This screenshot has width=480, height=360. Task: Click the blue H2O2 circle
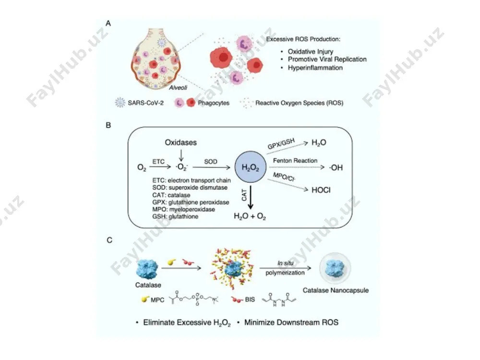click(251, 167)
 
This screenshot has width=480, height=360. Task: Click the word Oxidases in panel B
click(180, 143)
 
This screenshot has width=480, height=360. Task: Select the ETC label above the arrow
click(158, 162)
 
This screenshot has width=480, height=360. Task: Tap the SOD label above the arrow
click(211, 162)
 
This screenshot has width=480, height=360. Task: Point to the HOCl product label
click(321, 190)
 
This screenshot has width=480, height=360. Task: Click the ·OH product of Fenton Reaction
click(336, 168)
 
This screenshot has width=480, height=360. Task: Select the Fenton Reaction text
click(295, 160)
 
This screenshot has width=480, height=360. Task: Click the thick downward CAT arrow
click(251, 197)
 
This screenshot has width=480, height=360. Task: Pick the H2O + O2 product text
click(250, 216)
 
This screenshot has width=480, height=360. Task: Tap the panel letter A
click(108, 23)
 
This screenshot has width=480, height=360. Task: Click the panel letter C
click(109, 240)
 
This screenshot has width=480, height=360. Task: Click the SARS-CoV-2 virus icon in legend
click(120, 103)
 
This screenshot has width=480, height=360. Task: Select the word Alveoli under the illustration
click(178, 87)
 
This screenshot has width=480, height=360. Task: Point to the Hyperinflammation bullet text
click(315, 68)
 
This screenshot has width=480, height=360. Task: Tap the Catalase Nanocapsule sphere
click(335, 268)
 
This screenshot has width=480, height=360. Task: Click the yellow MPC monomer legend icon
click(145, 299)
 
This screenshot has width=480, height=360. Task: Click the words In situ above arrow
click(285, 263)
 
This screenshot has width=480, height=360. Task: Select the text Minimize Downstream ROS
click(291, 323)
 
